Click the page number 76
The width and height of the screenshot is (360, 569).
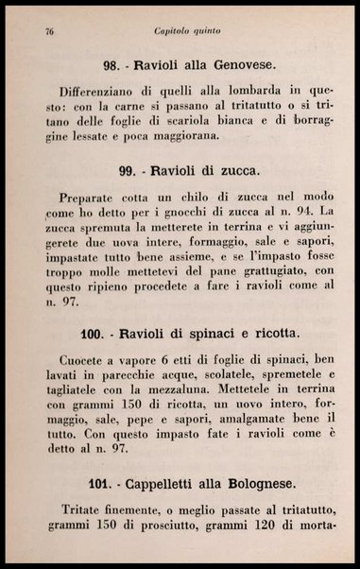48,31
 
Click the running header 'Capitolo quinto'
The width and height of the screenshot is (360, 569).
188,31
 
